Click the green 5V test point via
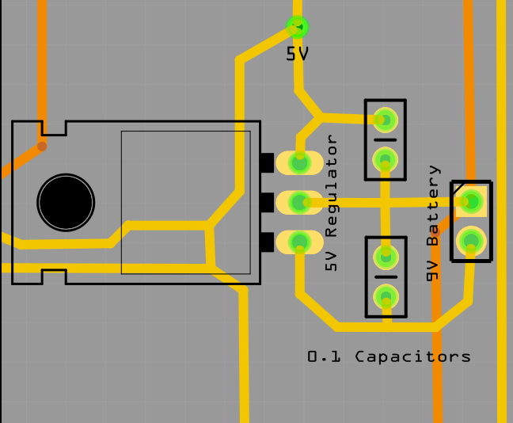(298, 27)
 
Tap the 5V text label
(297, 54)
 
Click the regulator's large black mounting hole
(66, 203)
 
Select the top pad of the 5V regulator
(300, 162)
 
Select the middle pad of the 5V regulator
(300, 202)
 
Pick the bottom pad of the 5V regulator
(300, 242)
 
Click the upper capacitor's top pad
(386, 120)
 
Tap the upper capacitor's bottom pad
(386, 160)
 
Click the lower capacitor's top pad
(386, 257)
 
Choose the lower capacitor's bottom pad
(386, 297)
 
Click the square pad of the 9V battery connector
(471, 201)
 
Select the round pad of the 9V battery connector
(471, 241)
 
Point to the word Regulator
(331, 185)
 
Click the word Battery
(433, 205)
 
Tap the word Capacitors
(413, 356)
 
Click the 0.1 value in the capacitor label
(324, 356)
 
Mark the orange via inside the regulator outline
(42, 146)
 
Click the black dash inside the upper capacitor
(386, 139)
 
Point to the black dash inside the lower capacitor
(386, 277)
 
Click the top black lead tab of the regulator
(267, 162)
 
